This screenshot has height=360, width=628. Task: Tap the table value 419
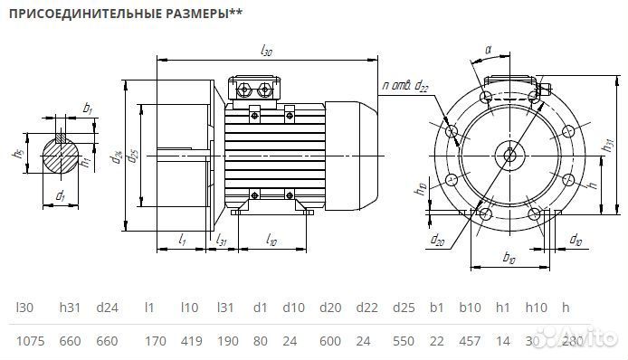coord(194,342)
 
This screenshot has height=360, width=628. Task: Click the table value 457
coord(471,342)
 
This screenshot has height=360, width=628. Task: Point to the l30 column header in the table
coord(25,308)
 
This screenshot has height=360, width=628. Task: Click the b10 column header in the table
coord(471,308)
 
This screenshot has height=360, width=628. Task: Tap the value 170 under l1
coord(156,342)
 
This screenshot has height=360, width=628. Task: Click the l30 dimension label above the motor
coord(265,52)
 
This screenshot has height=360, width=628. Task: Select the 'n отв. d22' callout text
coord(404,86)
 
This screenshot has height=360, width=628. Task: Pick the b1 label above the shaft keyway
coord(88,109)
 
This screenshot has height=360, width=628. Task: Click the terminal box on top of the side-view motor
coord(256,90)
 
